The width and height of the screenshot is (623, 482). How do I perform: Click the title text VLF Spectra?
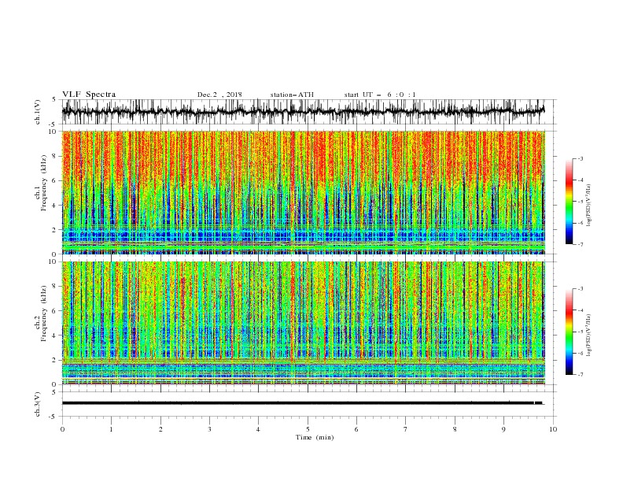coord(89,95)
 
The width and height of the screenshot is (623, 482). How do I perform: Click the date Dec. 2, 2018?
coord(219,95)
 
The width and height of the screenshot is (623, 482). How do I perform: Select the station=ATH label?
coord(292,95)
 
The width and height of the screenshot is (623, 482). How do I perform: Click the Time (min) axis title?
coord(308,436)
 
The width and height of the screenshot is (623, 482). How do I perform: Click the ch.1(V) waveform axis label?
coord(39,112)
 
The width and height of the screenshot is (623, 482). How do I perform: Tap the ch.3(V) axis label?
coord(39,403)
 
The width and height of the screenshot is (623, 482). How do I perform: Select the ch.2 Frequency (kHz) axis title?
coord(39,322)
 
